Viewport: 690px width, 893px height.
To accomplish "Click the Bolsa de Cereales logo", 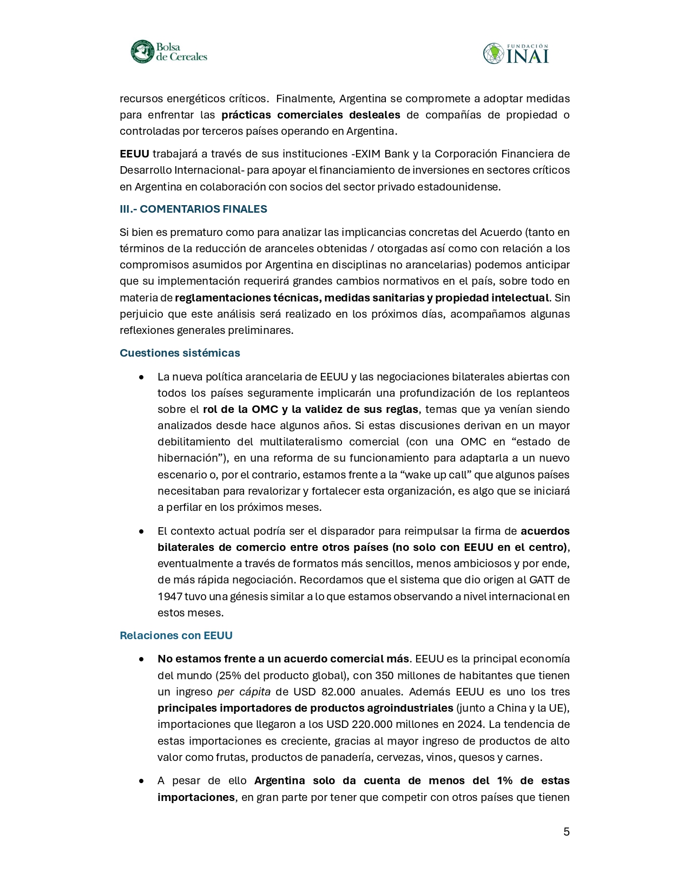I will pyautogui.click(x=169, y=52).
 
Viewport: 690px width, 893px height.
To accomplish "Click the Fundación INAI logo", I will pyautogui.click(x=516, y=53).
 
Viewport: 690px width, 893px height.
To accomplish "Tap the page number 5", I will pyautogui.click(x=566, y=832).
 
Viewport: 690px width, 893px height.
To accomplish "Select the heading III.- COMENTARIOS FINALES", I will pyautogui.click(x=193, y=209).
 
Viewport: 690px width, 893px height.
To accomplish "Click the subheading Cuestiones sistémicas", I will pyautogui.click(x=180, y=353).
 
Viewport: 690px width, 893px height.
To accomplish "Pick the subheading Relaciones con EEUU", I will pyautogui.click(x=176, y=635).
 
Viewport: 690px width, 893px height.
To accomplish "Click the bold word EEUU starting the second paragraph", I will pyautogui.click(x=134, y=154).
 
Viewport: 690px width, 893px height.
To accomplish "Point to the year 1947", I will pyautogui.click(x=170, y=596).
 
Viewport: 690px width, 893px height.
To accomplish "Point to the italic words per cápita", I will pyautogui.click(x=244, y=692).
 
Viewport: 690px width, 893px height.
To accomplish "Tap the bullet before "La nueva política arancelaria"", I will pyautogui.click(x=141, y=377).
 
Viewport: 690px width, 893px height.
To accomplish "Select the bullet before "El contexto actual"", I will pyautogui.click(x=141, y=531).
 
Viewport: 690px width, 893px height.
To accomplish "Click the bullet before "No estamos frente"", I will pyautogui.click(x=141, y=659).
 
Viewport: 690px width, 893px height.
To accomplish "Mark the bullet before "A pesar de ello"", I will pyautogui.click(x=141, y=781).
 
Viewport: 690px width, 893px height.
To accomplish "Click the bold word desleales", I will pyautogui.click(x=374, y=115).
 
